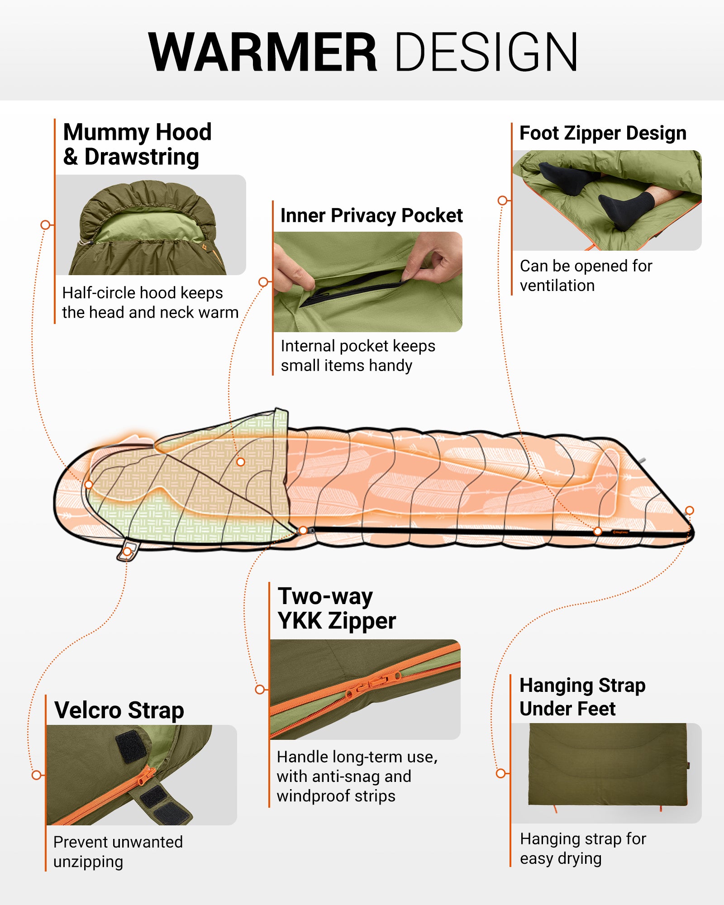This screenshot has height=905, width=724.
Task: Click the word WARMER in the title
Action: coord(262,52)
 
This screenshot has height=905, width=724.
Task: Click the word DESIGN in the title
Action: coord(486,52)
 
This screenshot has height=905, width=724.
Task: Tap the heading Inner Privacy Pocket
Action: coord(371,215)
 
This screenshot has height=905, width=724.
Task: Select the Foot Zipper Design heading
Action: coord(603,133)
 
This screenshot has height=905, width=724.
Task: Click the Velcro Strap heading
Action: coord(119,710)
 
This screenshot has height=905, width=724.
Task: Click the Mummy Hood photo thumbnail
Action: coord(150,225)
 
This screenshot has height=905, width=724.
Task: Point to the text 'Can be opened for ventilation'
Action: coord(586,276)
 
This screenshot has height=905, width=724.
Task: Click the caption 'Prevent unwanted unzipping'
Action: coord(118,852)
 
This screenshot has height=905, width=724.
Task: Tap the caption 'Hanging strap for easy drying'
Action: coord(583,848)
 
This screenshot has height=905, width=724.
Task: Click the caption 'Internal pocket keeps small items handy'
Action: coord(357,356)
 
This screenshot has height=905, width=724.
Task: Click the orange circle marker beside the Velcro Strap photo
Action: coord(37,775)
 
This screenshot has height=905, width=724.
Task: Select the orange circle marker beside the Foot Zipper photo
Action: coord(502,200)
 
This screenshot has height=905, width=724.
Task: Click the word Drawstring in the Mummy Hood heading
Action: coord(142,157)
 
